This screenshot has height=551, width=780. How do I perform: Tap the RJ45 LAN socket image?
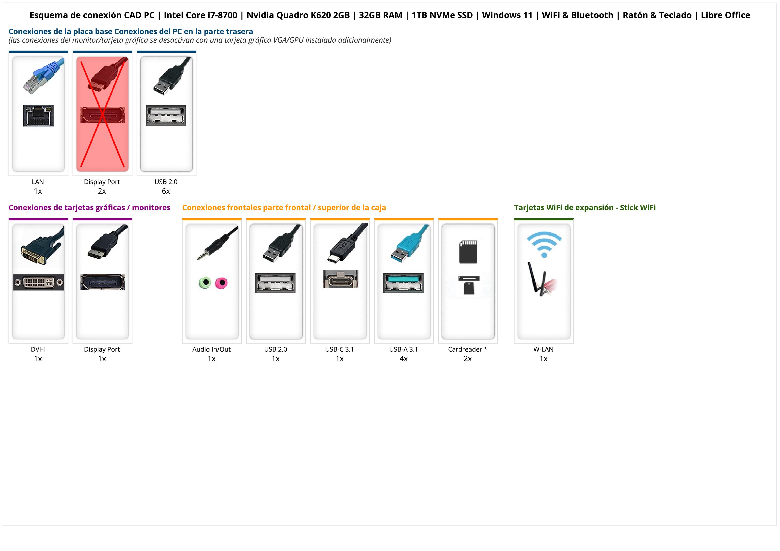pyautogui.click(x=38, y=115)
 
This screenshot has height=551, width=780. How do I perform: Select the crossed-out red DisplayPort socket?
pyautogui.click(x=103, y=115)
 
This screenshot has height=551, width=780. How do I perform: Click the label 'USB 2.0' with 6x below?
pyautogui.click(x=166, y=182)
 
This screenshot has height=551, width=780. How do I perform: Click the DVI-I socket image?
pyautogui.click(x=38, y=282)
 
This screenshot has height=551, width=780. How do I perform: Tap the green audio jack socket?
pyautogui.click(x=205, y=283)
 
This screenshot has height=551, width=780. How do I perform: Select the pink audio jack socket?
pyautogui.click(x=221, y=283)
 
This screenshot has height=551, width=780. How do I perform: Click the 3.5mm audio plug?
pyautogui.click(x=217, y=243)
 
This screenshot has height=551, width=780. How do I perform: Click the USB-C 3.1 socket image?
pyautogui.click(x=340, y=279)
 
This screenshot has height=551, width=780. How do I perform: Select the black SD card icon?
pyautogui.click(x=468, y=252)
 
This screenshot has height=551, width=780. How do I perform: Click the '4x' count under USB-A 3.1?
pyautogui.click(x=404, y=359)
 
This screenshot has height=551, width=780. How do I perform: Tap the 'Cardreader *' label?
pyautogui.click(x=467, y=349)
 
